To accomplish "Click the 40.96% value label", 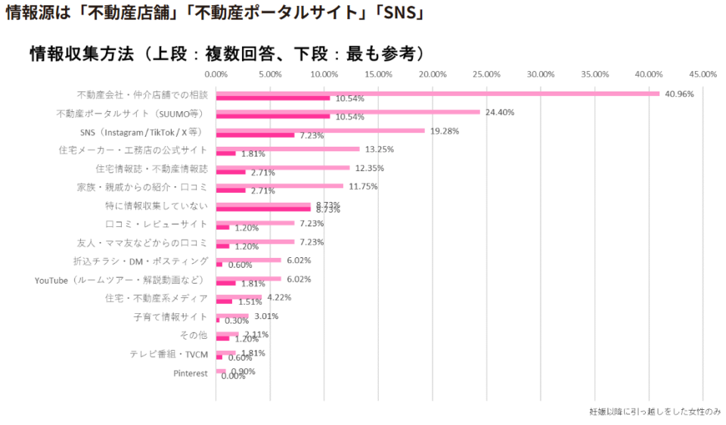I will coord(680,94).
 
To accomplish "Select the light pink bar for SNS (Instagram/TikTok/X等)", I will coord(321,131).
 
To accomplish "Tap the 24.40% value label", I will coord(500,112).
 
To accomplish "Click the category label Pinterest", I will coord(191,373).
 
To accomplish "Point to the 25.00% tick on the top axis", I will coord(486,74).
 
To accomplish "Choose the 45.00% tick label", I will coord(703,74).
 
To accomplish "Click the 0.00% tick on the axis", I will coord(216,74).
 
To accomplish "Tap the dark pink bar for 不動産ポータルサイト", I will coord(273,116).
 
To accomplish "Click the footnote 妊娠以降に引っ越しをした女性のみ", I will coord(655,412).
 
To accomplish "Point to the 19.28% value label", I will coord(444,131).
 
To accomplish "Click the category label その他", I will coord(194,335).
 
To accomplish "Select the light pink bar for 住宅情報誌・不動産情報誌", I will coord(283,168).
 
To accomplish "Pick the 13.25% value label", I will coord(379,149).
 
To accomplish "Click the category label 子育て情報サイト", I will coord(170,317).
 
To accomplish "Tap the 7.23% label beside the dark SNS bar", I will coord(312,135).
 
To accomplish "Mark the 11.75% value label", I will coord(363,186).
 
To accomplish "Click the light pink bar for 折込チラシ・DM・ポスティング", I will coord(249,260).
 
